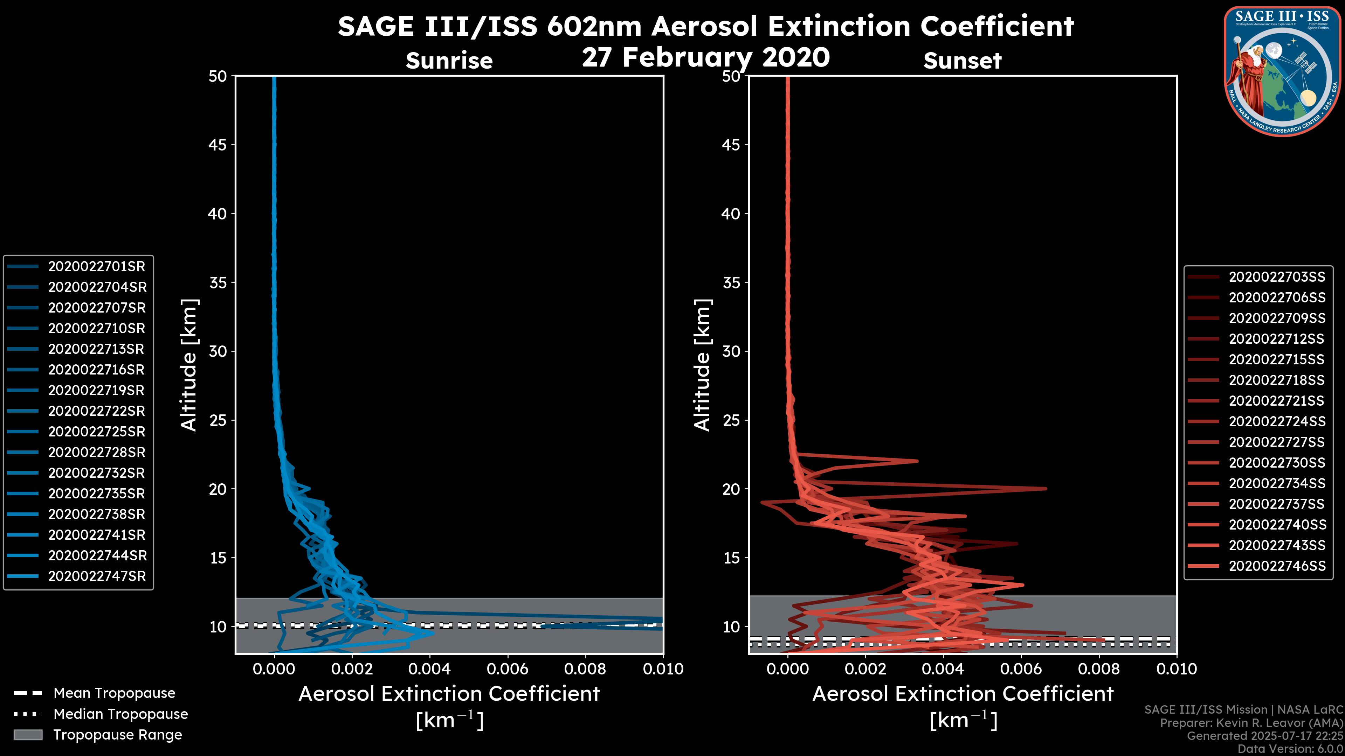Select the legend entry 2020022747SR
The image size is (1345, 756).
click(97, 576)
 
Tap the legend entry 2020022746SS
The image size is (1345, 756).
click(1277, 566)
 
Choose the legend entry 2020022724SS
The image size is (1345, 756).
click(1277, 421)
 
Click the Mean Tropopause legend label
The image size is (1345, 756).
click(114, 693)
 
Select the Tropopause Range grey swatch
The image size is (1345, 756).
click(28, 735)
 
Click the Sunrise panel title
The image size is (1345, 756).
click(449, 61)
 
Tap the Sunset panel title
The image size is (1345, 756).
click(962, 61)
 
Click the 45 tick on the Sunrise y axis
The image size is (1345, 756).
click(218, 145)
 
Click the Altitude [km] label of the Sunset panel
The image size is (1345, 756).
click(702, 365)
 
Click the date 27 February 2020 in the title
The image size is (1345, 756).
click(705, 57)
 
